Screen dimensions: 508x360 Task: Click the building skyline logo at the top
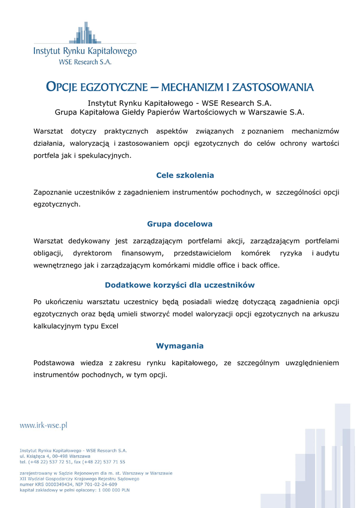click(x=85, y=33)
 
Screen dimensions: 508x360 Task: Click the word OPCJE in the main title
click(x=62, y=88)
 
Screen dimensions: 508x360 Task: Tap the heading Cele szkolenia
click(x=185, y=175)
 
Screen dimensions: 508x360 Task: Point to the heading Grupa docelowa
click(x=180, y=224)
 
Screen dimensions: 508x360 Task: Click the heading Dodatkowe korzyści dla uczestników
click(x=180, y=285)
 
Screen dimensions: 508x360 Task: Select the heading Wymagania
click(x=180, y=346)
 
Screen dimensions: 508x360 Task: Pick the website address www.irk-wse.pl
click(x=43, y=425)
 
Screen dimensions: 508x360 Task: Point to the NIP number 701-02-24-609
click(x=99, y=484)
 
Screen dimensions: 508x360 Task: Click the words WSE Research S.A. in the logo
click(x=85, y=62)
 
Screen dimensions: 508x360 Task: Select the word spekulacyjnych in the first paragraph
click(x=105, y=155)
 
